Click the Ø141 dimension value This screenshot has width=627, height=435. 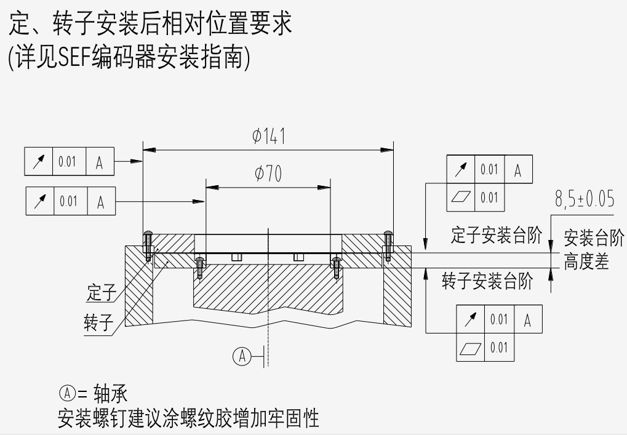click(268, 136)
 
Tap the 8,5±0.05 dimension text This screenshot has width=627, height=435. click(584, 199)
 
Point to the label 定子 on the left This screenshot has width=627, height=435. click(101, 293)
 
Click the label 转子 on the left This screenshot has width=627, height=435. click(98, 322)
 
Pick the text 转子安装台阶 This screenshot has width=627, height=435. click(487, 282)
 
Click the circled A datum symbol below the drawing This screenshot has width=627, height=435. click(243, 356)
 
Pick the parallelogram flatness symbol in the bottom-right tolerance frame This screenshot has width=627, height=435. click(470, 348)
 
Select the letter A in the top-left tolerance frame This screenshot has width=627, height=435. click(100, 162)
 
